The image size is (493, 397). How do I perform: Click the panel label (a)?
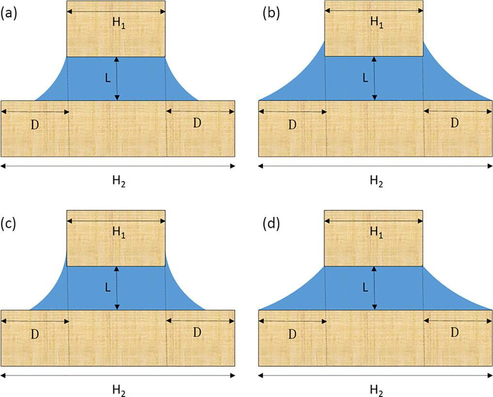pos(9,14)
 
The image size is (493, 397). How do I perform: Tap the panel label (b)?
pos(271,14)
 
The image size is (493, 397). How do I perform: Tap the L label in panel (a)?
pos(108,78)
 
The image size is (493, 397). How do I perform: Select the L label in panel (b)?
pos(366,78)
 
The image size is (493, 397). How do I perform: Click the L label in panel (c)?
pos(108,287)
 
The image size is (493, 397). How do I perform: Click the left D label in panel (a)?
pos(35,124)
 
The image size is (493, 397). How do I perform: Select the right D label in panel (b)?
pos(454,123)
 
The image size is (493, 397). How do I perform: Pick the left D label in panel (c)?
pos(35,334)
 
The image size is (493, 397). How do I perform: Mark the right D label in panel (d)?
pos(454,332)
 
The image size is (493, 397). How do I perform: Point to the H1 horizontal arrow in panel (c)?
pos(116,219)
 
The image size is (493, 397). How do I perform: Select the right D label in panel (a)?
pos(197,123)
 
